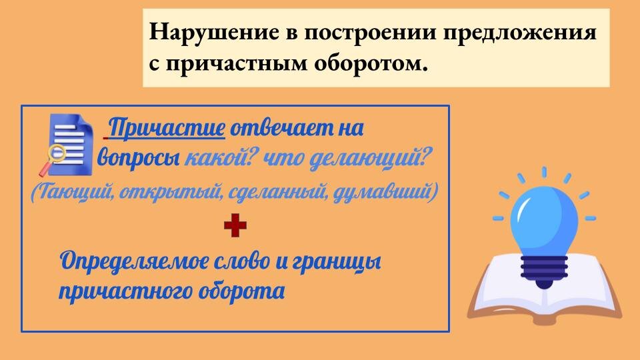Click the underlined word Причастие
(x=167, y=127)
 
